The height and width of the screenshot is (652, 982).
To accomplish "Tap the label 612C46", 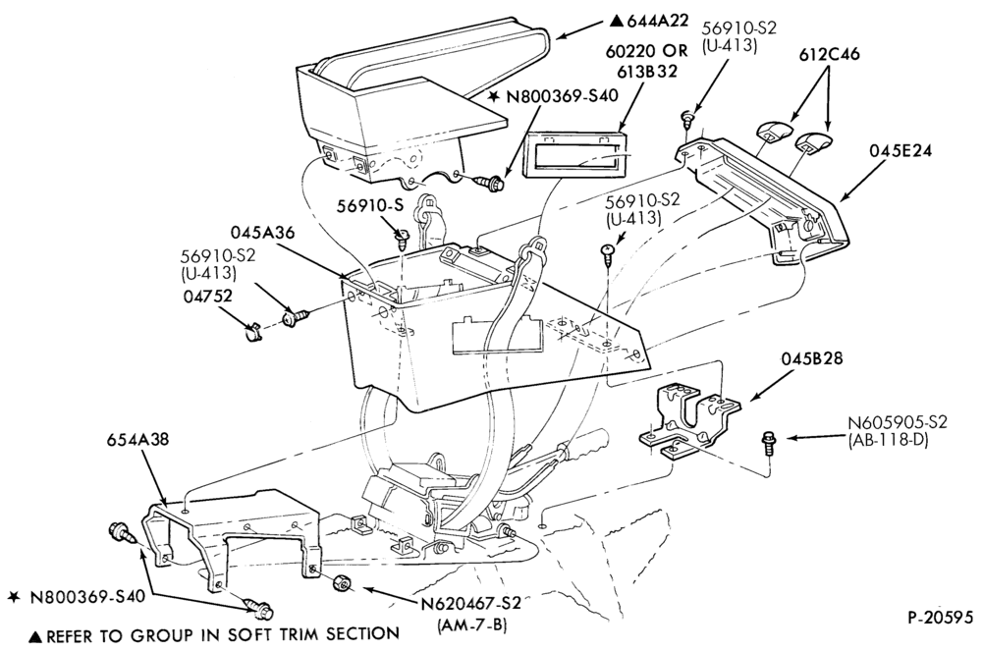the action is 829,54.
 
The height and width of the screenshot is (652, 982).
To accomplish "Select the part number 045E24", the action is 900,151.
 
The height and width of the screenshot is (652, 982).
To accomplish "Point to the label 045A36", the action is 262,232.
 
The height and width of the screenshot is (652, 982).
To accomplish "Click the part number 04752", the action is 207,296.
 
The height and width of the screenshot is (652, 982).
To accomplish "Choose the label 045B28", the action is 812,358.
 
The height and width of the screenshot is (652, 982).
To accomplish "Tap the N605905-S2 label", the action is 897,421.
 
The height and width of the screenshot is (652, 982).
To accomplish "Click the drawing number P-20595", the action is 941,618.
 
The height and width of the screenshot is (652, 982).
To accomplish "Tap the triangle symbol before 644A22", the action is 617,22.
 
